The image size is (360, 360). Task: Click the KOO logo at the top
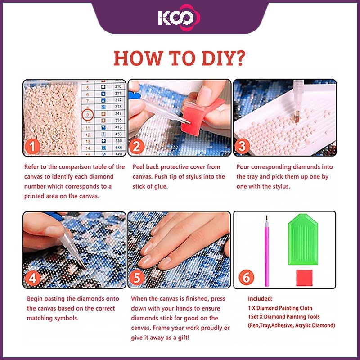click(179, 18)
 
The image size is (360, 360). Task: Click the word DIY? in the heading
click(224, 58)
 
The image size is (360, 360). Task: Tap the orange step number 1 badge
click(32, 147)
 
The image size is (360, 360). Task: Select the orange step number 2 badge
click(137, 147)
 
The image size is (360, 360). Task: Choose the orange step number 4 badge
click(32, 278)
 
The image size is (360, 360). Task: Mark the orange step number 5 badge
click(137, 278)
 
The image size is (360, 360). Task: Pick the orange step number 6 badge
click(246, 277)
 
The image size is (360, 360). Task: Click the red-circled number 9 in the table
click(87, 114)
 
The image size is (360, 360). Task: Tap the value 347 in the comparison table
click(118, 113)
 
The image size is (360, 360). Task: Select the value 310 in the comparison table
click(118, 86)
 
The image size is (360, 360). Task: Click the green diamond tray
click(303, 239)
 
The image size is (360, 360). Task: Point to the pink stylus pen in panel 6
click(267, 252)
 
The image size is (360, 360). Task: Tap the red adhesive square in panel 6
click(304, 278)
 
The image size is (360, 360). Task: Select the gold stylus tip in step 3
click(297, 116)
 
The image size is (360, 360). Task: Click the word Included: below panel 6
click(260, 298)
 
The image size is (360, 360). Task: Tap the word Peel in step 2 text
click(139, 167)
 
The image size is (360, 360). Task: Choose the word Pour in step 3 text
click(243, 167)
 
